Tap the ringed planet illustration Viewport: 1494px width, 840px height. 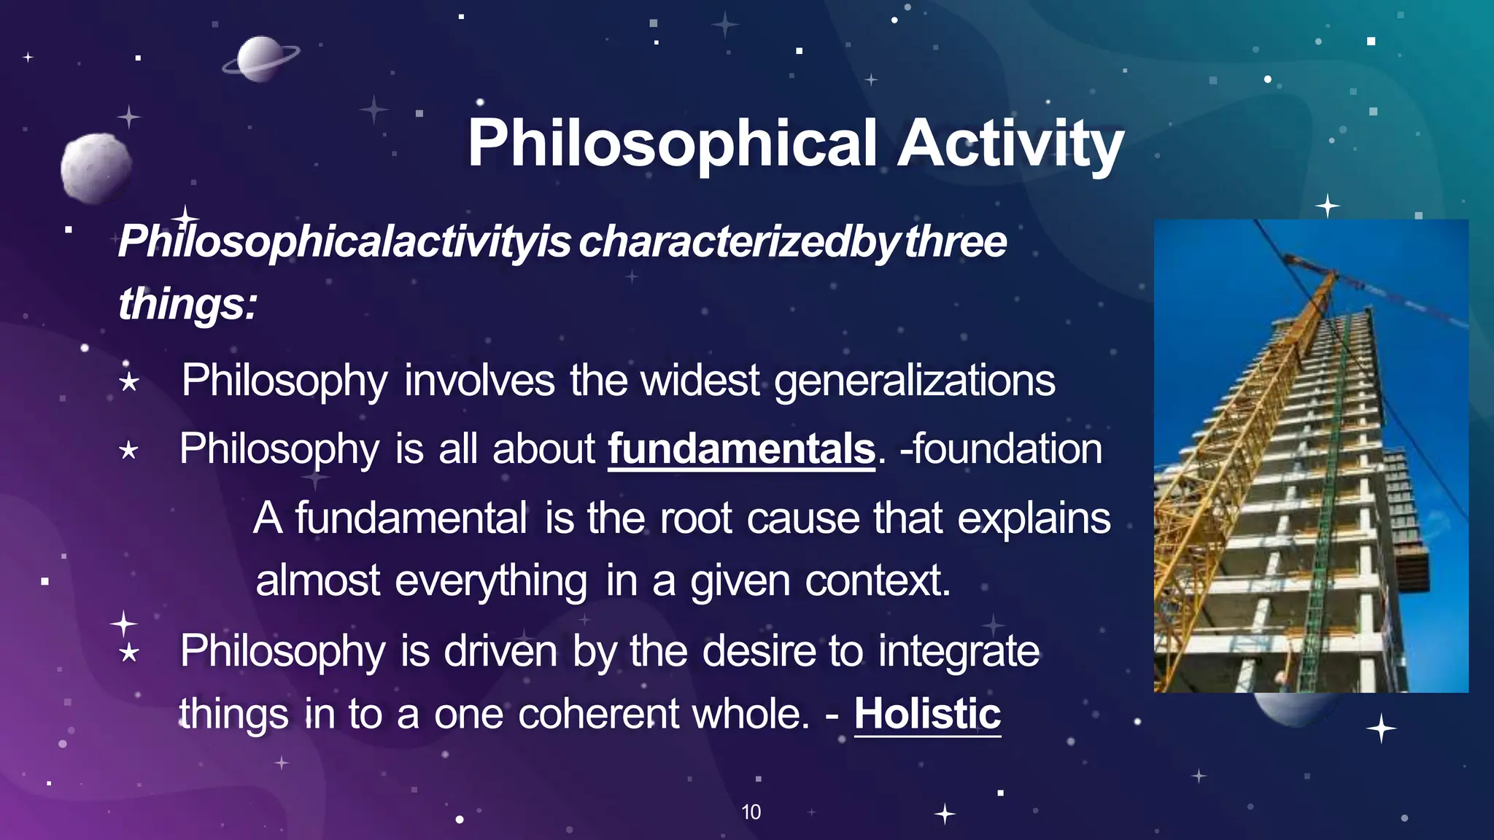pos(260,59)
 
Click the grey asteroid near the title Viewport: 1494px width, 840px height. pos(96,167)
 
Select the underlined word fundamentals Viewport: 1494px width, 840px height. pos(741,448)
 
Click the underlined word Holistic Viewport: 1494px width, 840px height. pos(927,713)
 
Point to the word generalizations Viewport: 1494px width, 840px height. pos(914,381)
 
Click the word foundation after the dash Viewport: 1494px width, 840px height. pos(1007,448)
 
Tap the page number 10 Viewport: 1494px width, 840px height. pos(751,812)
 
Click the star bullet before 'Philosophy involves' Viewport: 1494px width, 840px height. pos(129,381)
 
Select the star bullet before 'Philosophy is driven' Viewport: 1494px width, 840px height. pos(129,652)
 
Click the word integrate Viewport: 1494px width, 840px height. pos(959,650)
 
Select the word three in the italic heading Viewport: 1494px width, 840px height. pos(956,241)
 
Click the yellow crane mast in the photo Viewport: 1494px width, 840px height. pos(1240,437)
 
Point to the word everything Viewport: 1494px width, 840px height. pos(491,581)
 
